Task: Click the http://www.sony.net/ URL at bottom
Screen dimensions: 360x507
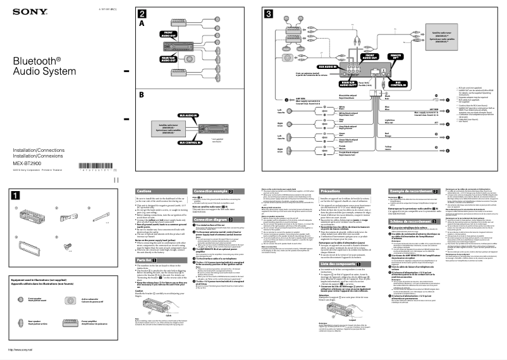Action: click(20, 349)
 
